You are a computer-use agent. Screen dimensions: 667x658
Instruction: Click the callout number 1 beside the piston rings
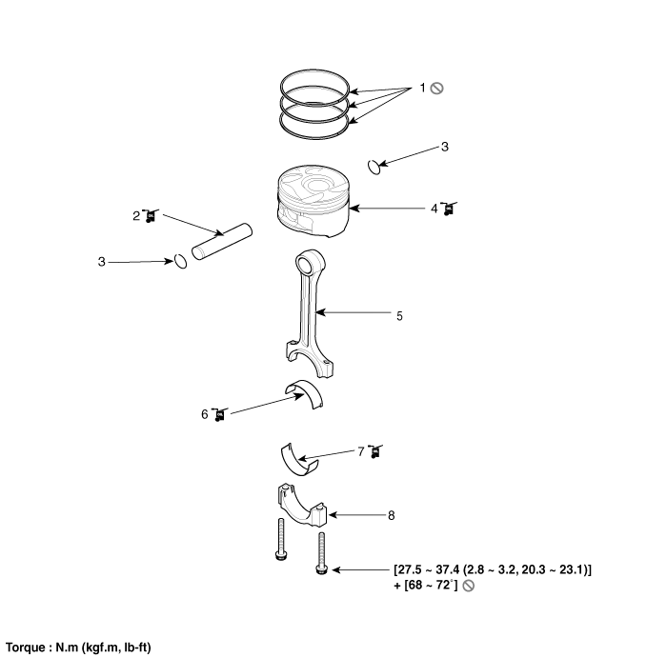[422, 88]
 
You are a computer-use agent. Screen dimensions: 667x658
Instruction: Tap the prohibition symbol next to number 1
[436, 89]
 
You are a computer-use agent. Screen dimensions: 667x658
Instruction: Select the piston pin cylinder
[222, 242]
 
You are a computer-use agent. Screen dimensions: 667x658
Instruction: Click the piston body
[313, 201]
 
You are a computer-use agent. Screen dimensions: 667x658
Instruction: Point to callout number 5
[399, 316]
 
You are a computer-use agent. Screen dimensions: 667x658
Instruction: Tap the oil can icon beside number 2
[151, 216]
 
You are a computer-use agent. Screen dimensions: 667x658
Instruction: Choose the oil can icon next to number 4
[449, 209]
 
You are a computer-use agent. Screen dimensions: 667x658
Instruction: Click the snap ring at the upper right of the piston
[374, 167]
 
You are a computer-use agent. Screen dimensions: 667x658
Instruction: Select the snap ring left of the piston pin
[180, 262]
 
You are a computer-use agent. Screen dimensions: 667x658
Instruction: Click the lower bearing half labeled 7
[298, 460]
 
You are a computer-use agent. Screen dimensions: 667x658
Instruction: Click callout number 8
[392, 515]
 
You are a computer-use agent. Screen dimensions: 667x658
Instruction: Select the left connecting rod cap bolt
[280, 539]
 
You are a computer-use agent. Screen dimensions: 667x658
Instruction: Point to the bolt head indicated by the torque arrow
[322, 569]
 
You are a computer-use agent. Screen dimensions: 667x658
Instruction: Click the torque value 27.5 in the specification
[409, 569]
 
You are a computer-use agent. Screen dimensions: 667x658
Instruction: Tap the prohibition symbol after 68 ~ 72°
[468, 586]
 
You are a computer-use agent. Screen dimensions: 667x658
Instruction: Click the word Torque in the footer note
[25, 648]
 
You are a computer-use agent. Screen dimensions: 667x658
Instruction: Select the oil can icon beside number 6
[219, 414]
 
